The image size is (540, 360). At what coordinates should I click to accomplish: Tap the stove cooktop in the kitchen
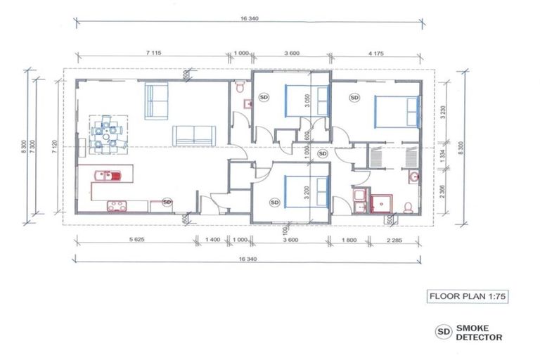coord(115,205)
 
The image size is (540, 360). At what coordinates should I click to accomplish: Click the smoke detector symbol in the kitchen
coord(167,202)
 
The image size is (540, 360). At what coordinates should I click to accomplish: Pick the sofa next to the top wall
coord(157,101)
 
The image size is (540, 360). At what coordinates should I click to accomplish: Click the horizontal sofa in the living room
coord(195,136)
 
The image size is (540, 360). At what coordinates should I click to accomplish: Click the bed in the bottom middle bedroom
coord(307,191)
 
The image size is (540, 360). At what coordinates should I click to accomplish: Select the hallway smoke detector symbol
coord(323,153)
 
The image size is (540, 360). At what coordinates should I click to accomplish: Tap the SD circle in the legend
coord(444,331)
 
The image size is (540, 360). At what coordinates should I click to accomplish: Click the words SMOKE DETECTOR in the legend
coord(480,332)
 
